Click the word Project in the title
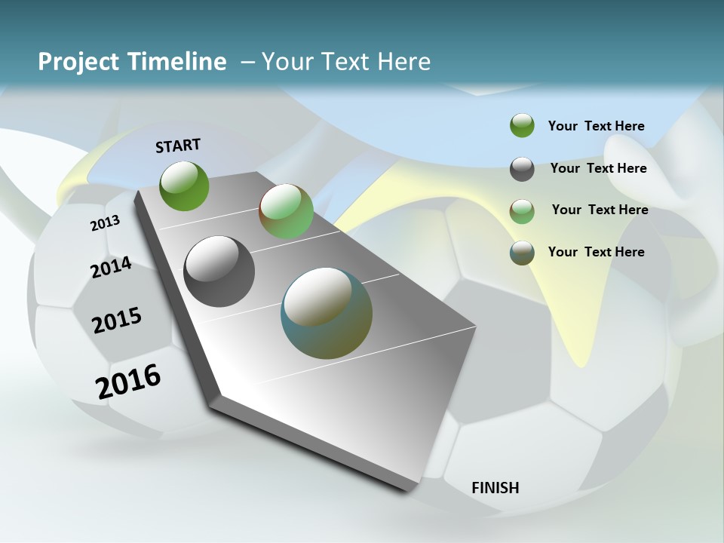point(78,63)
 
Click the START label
point(178,146)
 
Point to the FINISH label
point(495,488)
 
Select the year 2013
point(105,223)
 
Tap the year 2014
point(111,268)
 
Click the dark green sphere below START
point(185,186)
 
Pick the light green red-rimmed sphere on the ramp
point(286,211)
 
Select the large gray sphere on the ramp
point(219,271)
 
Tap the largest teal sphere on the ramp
point(327,313)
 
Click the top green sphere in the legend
point(522,126)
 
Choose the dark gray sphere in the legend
point(522,169)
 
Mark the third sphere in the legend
point(522,211)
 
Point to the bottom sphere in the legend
point(522,253)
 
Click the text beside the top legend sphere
point(597,127)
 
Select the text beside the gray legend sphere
point(599,169)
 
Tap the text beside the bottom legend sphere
point(597,252)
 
